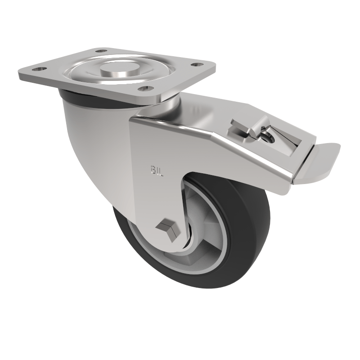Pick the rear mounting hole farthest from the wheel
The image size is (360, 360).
coord(102,51)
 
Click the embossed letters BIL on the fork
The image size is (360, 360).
coord(156,170)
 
